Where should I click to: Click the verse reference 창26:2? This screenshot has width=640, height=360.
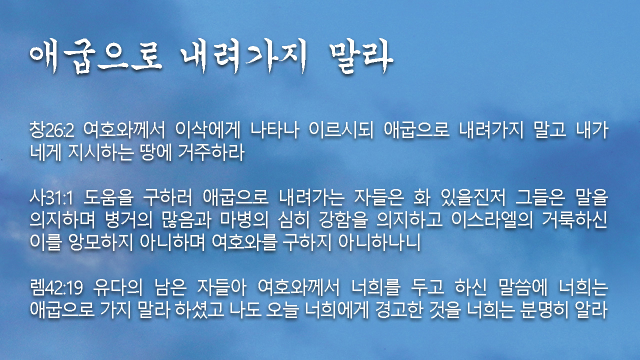point(52,130)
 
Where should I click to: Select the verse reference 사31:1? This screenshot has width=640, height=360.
point(51,197)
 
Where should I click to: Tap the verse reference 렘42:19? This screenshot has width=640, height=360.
point(56,287)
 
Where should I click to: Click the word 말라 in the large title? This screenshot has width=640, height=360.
point(361,57)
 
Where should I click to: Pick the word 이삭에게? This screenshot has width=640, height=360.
point(207,130)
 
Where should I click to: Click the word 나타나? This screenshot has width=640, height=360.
point(275,130)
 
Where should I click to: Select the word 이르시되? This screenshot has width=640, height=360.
point(341,130)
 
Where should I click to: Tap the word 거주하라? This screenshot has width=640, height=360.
point(211,152)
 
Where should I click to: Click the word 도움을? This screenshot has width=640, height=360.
point(108,197)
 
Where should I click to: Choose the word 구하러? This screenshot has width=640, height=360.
point(167,197)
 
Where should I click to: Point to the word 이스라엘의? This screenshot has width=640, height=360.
point(492,220)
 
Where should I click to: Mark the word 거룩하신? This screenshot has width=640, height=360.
point(575,220)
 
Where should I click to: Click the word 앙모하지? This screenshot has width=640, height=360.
point(101,242)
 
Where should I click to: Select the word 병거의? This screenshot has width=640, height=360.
point(128,220)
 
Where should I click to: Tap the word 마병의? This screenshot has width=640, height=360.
point(244,220)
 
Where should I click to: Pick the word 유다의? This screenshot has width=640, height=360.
point(117,287)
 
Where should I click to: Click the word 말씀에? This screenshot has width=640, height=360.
point(523,287)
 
